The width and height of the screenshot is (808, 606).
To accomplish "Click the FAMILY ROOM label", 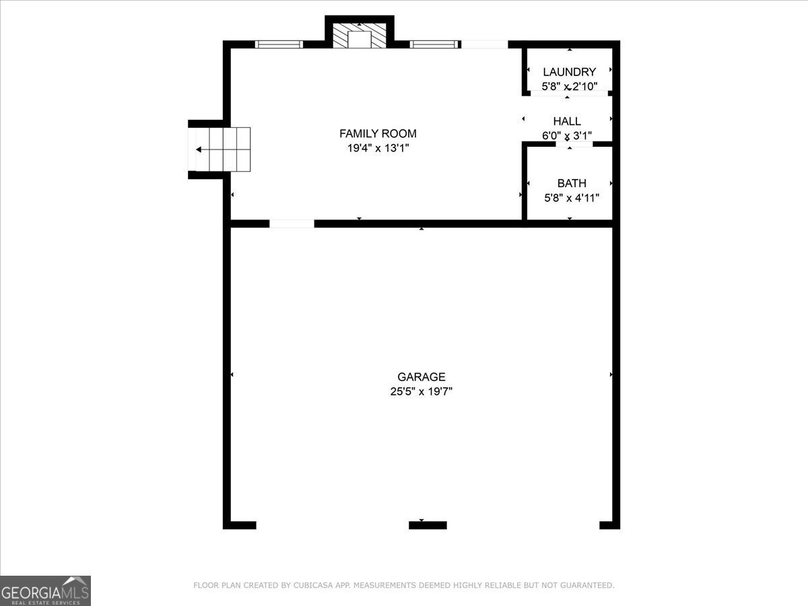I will (x=378, y=133).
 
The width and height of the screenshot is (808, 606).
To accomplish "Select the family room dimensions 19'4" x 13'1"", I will (x=378, y=148).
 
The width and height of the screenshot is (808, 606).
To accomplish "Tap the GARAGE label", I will (x=421, y=377).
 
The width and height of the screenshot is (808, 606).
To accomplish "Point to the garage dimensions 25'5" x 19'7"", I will (x=421, y=391).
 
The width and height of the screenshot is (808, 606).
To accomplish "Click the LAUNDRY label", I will (x=569, y=72).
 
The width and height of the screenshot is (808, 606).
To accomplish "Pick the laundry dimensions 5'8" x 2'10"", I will (x=569, y=86).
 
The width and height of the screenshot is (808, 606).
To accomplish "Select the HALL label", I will (x=567, y=121).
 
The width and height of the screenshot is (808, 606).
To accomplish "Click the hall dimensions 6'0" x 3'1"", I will (x=567, y=135).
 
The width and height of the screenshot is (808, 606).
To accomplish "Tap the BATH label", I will (x=572, y=183).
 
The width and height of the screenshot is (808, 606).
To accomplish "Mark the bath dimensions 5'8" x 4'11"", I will (x=572, y=198).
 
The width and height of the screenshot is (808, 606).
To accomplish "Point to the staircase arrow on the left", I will (x=199, y=149).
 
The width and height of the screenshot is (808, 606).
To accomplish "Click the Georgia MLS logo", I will (x=45, y=591).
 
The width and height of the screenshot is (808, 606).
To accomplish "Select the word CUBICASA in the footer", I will (x=310, y=586).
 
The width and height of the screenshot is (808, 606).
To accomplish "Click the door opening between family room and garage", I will (x=292, y=224).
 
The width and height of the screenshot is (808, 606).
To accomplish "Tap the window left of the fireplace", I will (x=279, y=44).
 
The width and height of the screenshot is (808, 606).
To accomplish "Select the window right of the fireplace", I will (x=434, y=44).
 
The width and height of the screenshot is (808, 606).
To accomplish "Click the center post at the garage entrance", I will (x=428, y=525).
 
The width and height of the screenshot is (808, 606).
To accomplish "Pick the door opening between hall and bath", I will (x=574, y=143).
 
